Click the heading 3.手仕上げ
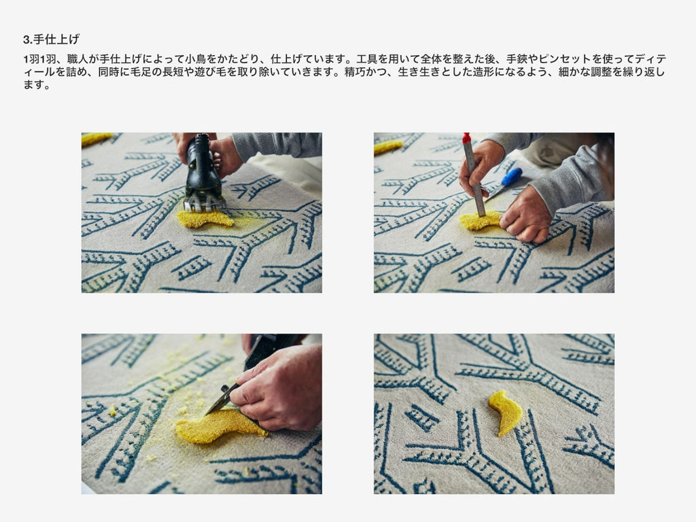[52, 39]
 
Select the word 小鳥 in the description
[196, 59]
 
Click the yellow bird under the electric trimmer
[205, 218]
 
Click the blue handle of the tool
[511, 177]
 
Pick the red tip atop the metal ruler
[466, 137]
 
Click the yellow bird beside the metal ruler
[481, 221]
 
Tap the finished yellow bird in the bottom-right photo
[506, 413]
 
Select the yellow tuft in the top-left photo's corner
[96, 139]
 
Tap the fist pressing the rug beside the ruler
[526, 216]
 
